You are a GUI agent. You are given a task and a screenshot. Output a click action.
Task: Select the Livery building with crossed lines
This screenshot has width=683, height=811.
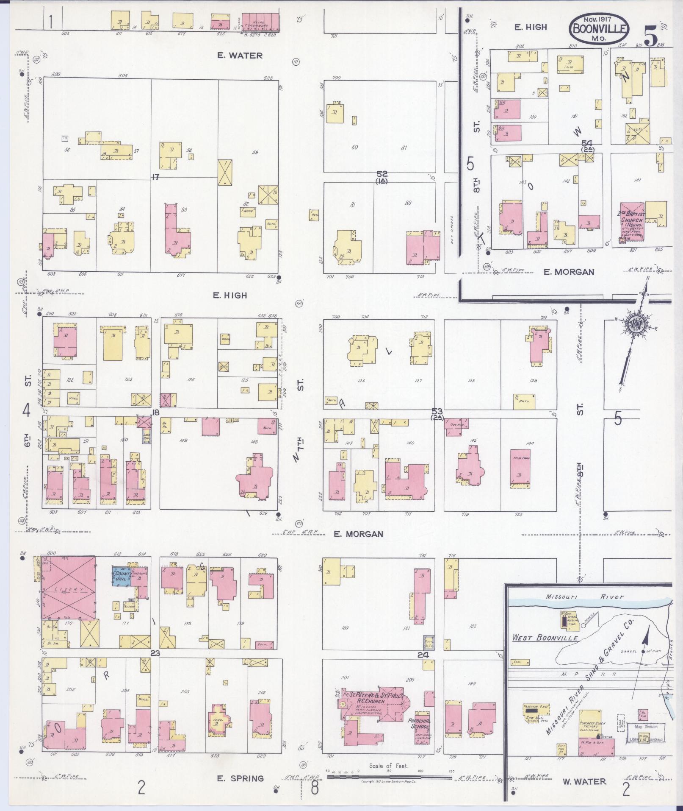coord(68,589)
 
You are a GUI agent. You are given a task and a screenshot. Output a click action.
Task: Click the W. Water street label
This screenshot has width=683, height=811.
coord(584,781)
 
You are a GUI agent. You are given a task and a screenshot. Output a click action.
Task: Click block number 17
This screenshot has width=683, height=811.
coord(155,177)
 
